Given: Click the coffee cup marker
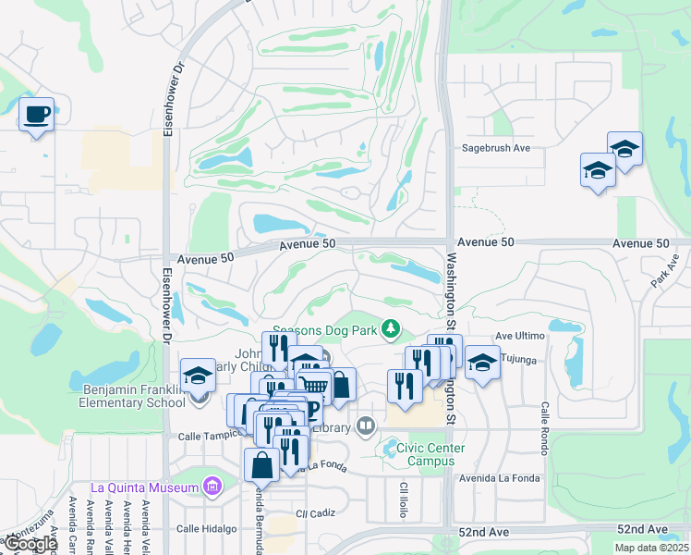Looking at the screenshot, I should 36,115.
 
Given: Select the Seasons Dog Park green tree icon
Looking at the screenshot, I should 392,327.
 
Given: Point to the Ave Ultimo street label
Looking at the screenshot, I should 516,336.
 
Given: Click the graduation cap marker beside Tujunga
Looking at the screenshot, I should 481,364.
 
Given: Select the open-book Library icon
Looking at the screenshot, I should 367,426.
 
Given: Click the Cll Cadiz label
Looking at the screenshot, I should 314,512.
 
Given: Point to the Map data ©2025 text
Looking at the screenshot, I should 650,548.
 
